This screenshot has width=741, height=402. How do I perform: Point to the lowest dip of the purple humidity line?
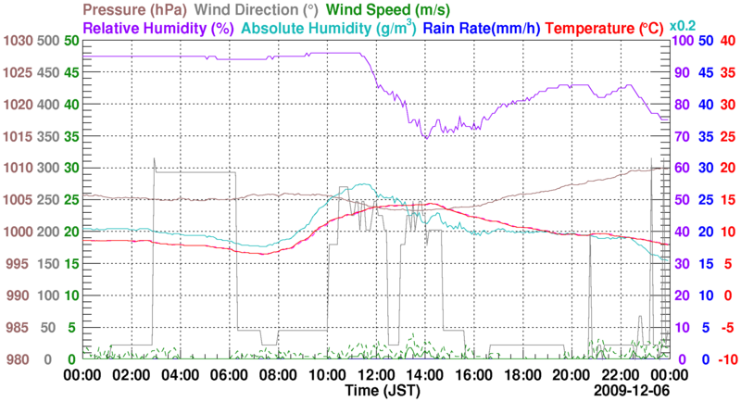tap(425, 137)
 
